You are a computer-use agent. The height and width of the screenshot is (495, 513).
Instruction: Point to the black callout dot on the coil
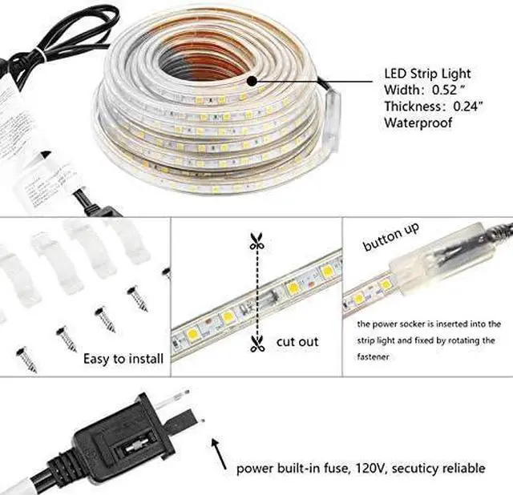pos(251,80)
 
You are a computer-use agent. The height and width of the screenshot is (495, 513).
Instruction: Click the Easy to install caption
pos(123,358)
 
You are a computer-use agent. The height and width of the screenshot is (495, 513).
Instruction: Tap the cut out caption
pos(298,342)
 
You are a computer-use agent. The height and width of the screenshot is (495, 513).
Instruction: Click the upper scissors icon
pos(256,241)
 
